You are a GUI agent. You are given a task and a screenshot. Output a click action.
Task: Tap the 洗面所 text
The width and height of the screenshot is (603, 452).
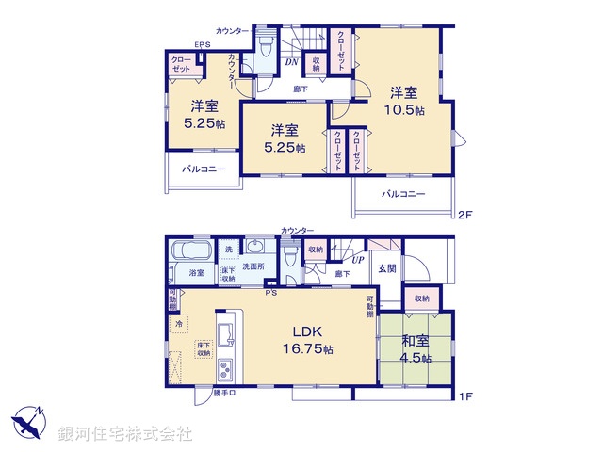[x=254, y=268]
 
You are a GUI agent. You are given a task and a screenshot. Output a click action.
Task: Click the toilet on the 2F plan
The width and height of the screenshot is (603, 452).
[x=265, y=47]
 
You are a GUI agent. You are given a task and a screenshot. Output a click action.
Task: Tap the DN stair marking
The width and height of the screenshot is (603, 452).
[x=292, y=63]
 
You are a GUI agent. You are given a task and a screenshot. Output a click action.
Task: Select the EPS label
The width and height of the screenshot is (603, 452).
[x=203, y=45]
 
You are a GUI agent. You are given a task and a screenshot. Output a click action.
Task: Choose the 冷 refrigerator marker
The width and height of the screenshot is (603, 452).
[x=179, y=323]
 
